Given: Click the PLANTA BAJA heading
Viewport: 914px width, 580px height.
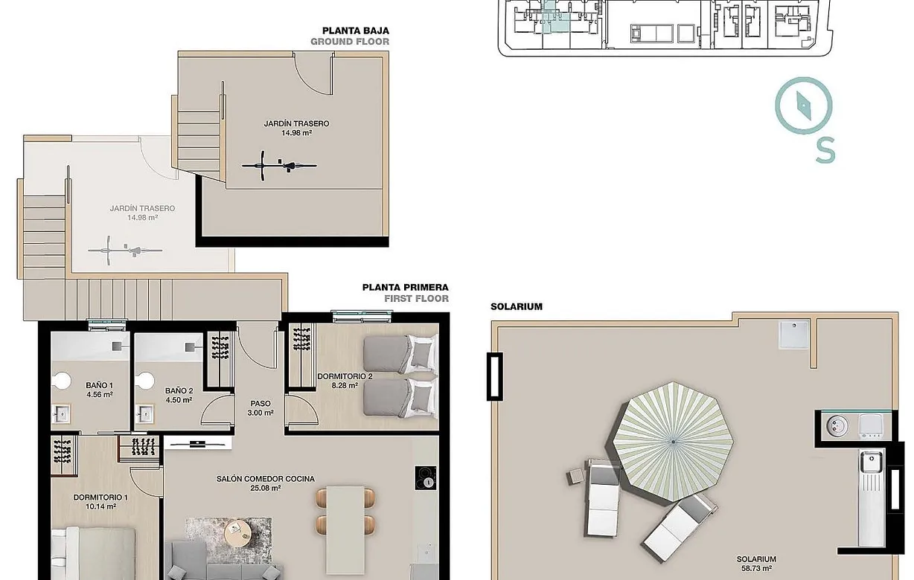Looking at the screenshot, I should coord(355,30).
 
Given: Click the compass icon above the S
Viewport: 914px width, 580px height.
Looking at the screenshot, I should coord(804,106).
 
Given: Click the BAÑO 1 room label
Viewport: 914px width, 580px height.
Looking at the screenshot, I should coord(99,385).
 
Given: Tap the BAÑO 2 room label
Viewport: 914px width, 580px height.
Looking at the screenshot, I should coord(179,390).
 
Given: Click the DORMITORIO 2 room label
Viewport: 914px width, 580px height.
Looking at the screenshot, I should coord(344,376).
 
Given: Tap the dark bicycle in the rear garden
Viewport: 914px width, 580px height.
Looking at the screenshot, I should coord(279,164).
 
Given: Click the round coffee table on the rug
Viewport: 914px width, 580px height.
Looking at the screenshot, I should coord(237,529).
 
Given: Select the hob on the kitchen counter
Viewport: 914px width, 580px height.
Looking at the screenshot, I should coord(426,477).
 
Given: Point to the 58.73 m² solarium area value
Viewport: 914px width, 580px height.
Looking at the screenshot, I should coord(756,569).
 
